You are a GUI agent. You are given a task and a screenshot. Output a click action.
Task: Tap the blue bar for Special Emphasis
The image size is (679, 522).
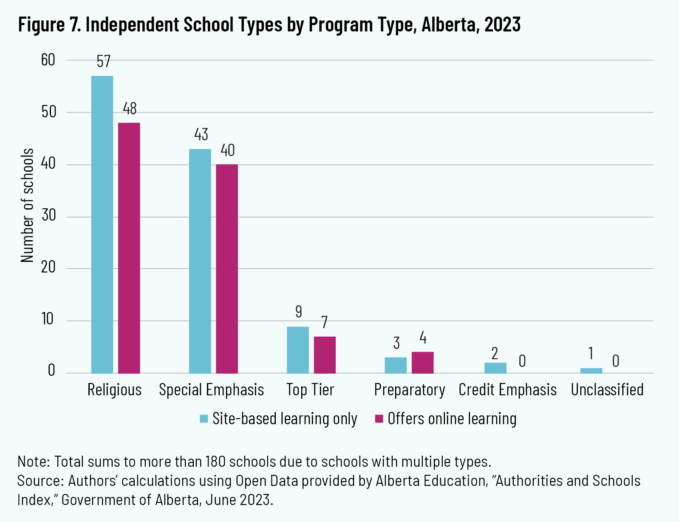[x=200, y=261]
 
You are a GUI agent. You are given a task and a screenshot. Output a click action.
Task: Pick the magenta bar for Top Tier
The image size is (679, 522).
[x=325, y=355]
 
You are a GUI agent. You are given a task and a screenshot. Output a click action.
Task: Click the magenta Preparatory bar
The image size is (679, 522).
[x=422, y=363]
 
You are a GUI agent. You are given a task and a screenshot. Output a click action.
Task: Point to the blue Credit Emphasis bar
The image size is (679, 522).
[x=495, y=368]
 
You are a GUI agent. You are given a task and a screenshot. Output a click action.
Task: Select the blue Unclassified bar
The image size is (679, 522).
[x=591, y=371]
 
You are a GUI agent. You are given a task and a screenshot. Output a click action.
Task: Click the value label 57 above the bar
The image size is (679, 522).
[x=103, y=62]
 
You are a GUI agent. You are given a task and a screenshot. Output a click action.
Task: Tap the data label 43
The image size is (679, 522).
[x=201, y=135]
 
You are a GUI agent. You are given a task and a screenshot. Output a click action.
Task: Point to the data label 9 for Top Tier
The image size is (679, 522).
[x=299, y=312]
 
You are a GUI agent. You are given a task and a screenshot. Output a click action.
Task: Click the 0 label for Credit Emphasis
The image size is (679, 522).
[x=522, y=361]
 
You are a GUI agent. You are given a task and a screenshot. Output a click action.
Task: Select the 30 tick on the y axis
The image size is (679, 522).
[x=48, y=216]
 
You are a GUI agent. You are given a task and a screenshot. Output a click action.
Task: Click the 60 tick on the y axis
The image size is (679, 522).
[x=48, y=60]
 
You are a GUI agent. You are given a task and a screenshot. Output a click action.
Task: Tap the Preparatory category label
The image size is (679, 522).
[x=409, y=390]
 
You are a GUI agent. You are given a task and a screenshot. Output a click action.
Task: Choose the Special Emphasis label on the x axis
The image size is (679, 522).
[x=211, y=390]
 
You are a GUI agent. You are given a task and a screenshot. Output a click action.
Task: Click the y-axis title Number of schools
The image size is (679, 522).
[x=27, y=205]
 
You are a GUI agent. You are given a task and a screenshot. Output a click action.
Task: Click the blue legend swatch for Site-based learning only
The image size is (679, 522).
[x=204, y=419]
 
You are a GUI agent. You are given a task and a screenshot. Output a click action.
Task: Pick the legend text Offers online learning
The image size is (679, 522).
[x=452, y=419]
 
